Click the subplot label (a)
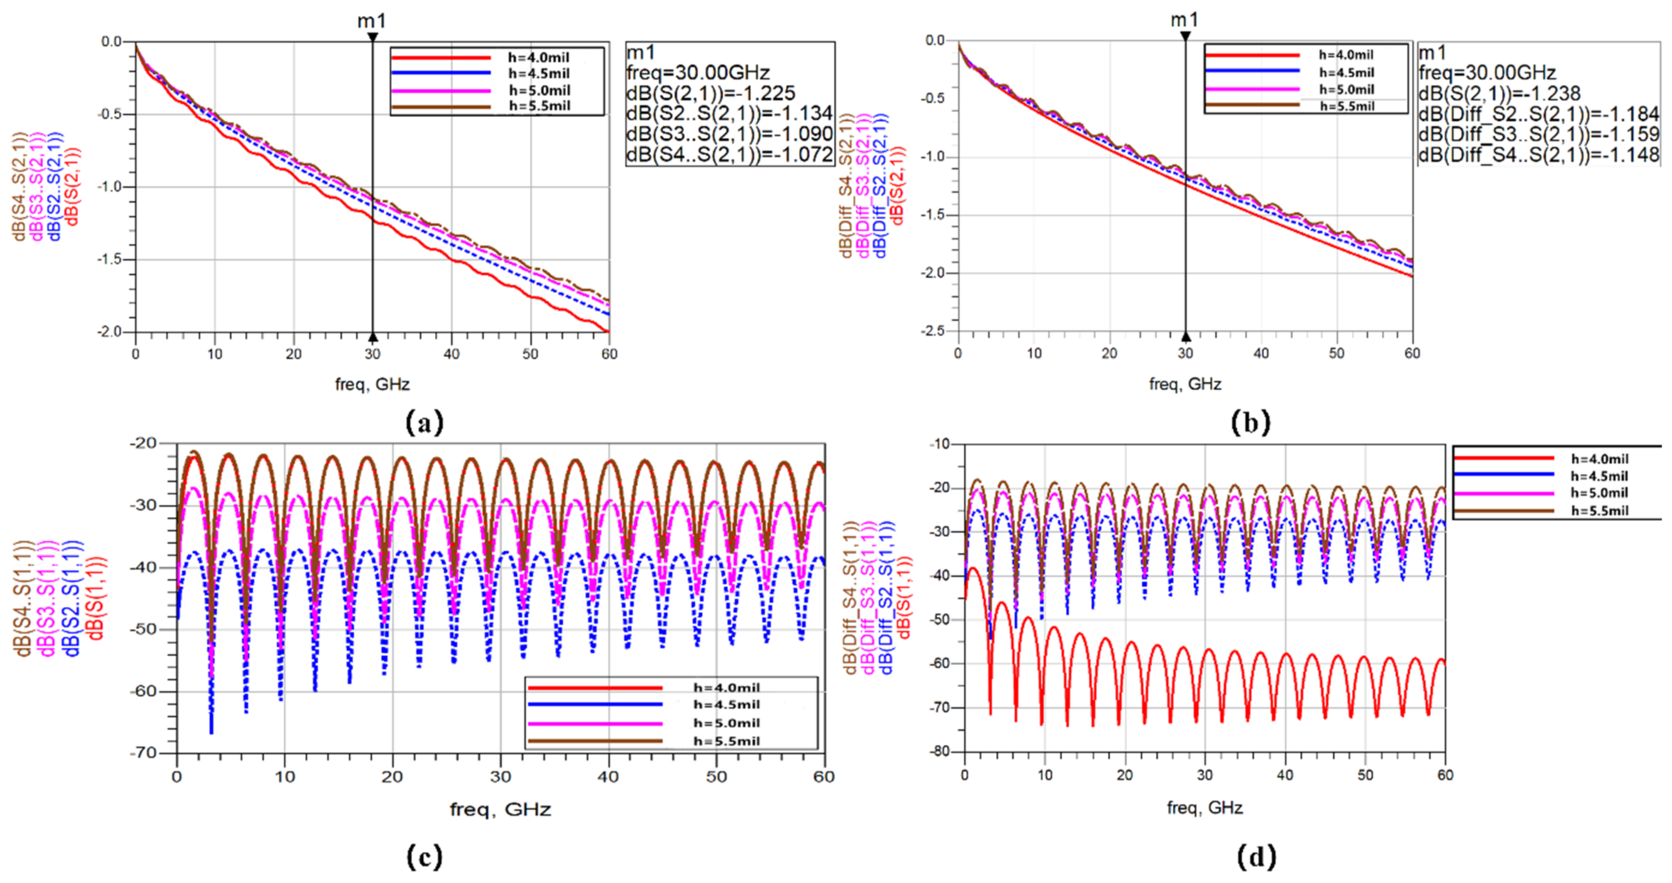point(424,423)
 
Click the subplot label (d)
point(1257,857)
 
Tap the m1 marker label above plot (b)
point(1184,20)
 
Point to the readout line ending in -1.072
point(730,154)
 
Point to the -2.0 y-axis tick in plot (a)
point(111,332)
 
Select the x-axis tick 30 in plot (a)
point(373,354)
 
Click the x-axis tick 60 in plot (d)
point(1445,775)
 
